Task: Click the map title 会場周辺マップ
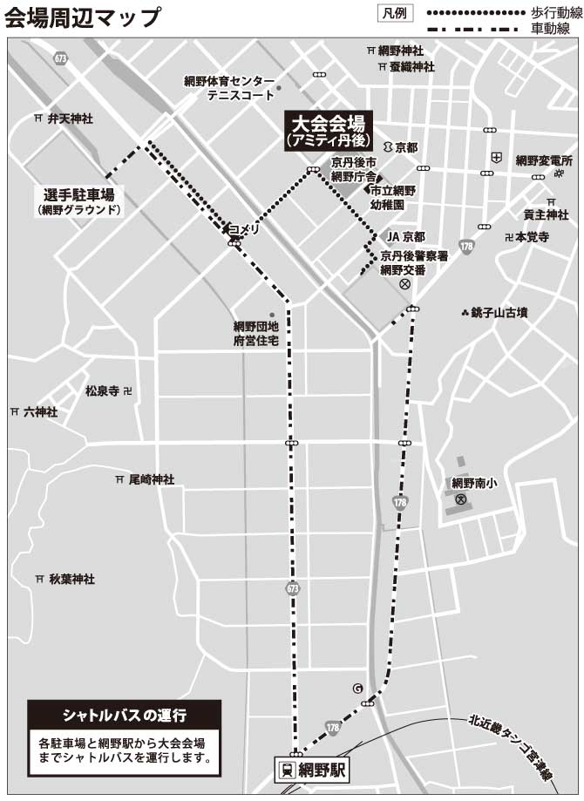83,18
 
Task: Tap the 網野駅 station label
323,770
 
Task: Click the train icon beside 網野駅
285,770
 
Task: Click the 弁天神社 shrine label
70,118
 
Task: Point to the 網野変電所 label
544,160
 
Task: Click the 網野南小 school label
474,482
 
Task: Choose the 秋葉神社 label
71,578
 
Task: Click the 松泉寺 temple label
102,390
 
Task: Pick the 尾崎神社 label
152,479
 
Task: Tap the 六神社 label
41,411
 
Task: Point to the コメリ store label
244,229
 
